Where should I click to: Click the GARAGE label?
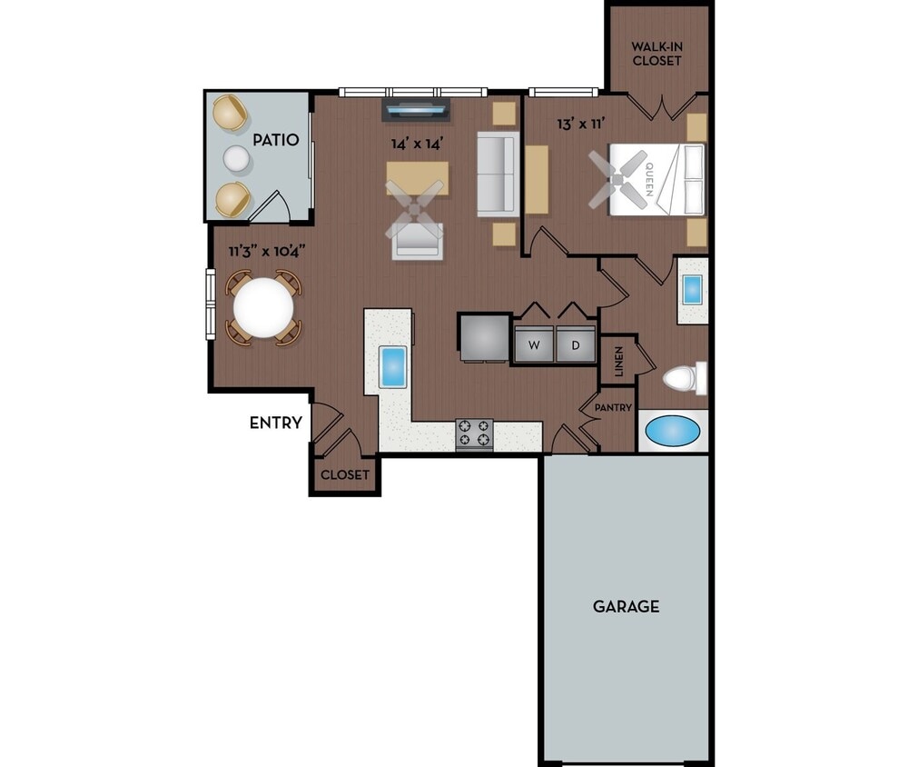pos(626,606)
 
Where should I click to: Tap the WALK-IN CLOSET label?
pos(656,54)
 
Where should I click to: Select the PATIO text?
pos(276,140)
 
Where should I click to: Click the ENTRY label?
pos(275,423)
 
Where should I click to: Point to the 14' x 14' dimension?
pos(416,143)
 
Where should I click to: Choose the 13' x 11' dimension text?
pos(581,125)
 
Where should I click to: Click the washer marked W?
pos(534,345)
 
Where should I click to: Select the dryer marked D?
pos(575,345)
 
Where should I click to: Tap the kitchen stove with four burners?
pos(474,434)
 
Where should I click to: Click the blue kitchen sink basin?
pos(394,366)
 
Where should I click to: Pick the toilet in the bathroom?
pos(684,378)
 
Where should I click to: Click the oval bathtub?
pos(673,431)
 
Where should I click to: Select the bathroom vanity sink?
pos(692,290)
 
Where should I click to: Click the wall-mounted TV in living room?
pos(416,111)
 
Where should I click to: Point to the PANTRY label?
pos(613,408)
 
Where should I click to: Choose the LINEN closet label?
pos(619,361)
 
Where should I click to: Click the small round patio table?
pos(237,159)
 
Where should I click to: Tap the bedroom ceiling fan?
pos(617,179)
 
